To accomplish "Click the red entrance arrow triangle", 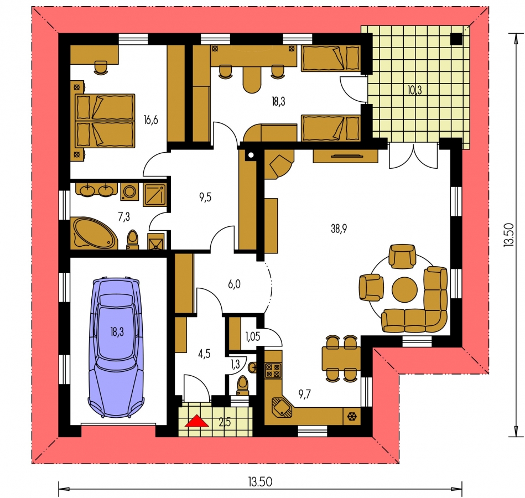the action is (x=197, y=421).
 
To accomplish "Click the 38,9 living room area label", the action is (x=339, y=229).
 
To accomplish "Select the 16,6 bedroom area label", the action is (x=150, y=120).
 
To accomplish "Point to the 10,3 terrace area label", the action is (x=414, y=90).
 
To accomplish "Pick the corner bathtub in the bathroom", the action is (x=94, y=234).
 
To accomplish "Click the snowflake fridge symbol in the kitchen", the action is (x=352, y=417).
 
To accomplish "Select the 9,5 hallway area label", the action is (x=205, y=197).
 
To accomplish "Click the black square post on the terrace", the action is (x=456, y=39).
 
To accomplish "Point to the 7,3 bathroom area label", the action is (x=124, y=217).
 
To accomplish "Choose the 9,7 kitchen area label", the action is (x=305, y=394).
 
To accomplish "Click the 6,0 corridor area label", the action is (x=234, y=284).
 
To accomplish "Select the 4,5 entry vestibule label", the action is (x=204, y=354).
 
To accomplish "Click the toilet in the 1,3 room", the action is (x=242, y=386).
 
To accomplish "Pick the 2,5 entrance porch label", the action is (x=225, y=423).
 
